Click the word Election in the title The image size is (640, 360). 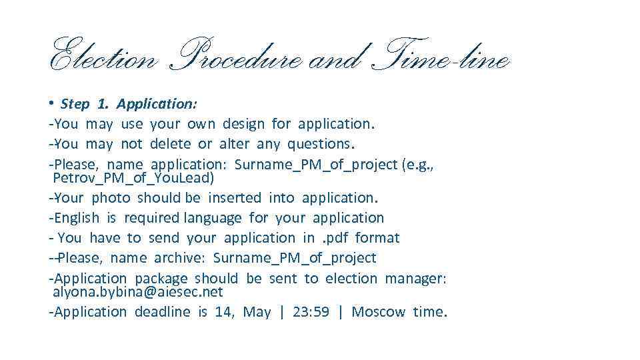pyautogui.click(x=103, y=59)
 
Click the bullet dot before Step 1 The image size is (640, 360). pyautogui.click(x=51, y=103)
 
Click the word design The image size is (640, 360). pyautogui.click(x=243, y=124)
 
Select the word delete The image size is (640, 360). pyautogui.click(x=171, y=144)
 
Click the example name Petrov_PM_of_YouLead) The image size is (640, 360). pyautogui.click(x=133, y=178)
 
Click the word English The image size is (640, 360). pyautogui.click(x=76, y=218)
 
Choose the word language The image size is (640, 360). pyautogui.click(x=213, y=218)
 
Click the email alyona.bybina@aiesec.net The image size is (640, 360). pyautogui.click(x=137, y=292)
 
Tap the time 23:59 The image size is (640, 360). pyautogui.click(x=311, y=312)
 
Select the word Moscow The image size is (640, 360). pyautogui.click(x=378, y=312)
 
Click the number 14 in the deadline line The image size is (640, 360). pyautogui.click(x=223, y=312)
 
